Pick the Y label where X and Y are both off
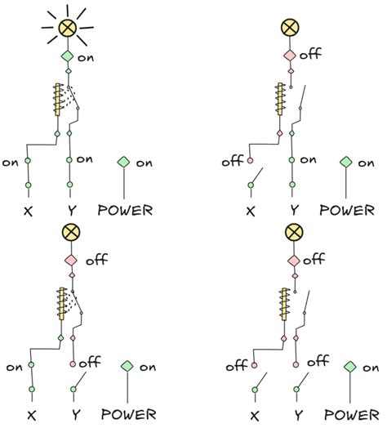tap(298, 416)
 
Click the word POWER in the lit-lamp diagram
tap(124, 210)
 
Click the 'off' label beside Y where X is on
tap(90, 360)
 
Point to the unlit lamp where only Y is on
tap(290, 29)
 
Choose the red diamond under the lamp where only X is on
tap(70, 260)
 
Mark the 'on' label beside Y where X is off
tap(308, 160)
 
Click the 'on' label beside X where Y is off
tap(14, 367)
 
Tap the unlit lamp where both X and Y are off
tap(293, 233)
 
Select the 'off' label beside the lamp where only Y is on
tap(310, 56)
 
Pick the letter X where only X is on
tap(31, 416)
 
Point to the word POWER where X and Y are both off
tap(351, 416)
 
